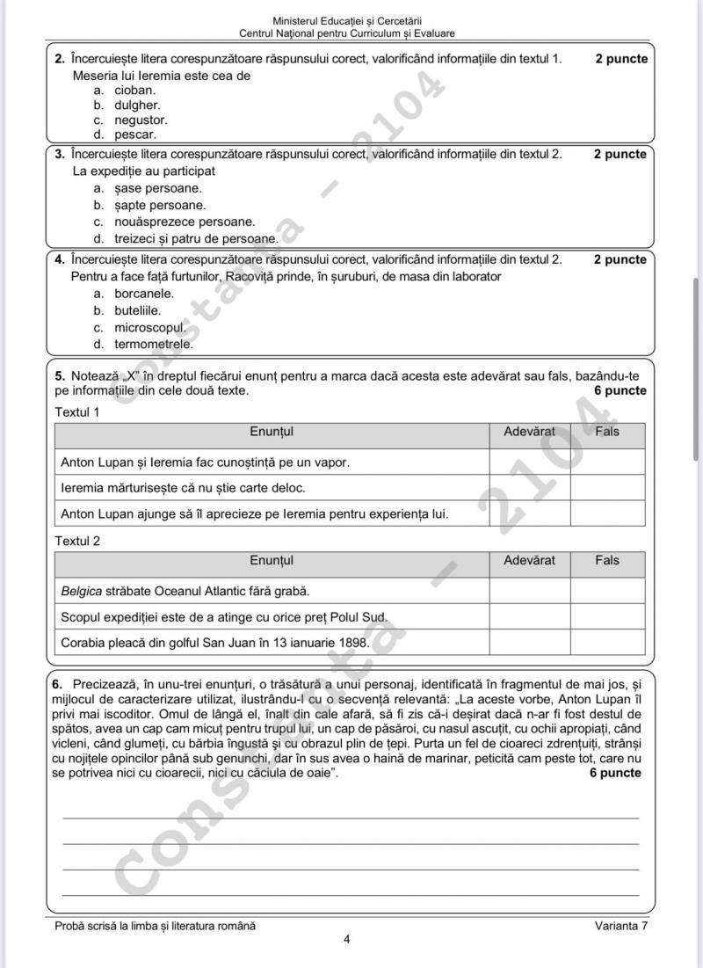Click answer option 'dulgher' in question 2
[136, 105]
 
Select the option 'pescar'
[134, 135]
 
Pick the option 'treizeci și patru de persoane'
[196, 238]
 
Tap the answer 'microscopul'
[150, 327]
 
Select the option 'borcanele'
[144, 294]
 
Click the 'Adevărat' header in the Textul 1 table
[529, 432]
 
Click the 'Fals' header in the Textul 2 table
[606, 560]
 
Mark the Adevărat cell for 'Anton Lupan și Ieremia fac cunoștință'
[529, 462]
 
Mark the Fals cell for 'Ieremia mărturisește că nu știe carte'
[606, 487]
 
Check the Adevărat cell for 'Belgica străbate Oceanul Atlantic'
[529, 591]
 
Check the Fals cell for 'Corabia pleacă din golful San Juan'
[606, 643]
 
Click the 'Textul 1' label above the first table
[77, 411]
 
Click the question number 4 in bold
[59, 259]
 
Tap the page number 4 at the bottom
[347, 940]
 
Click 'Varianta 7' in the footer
[620, 926]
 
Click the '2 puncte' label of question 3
[620, 154]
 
